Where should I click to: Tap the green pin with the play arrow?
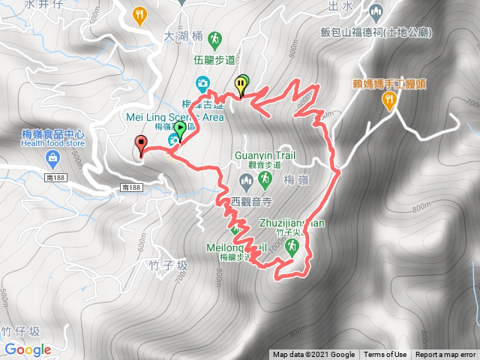(180, 130)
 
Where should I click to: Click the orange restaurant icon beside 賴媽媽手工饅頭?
(388, 101)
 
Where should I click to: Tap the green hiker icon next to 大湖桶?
(214, 37)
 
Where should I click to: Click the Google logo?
(28, 349)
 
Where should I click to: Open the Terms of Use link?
(385, 355)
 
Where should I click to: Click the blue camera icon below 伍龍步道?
(202, 82)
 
